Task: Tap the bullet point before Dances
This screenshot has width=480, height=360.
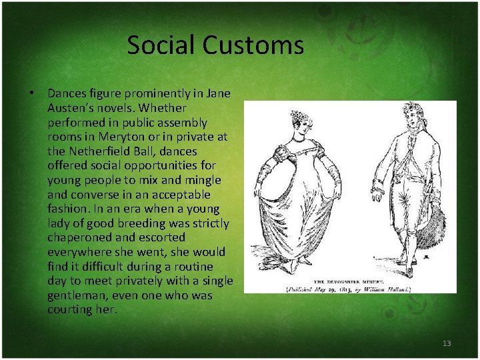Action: pos(32,93)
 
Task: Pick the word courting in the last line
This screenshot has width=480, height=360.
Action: pos(69,310)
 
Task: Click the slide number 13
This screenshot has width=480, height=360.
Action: pos(447,343)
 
